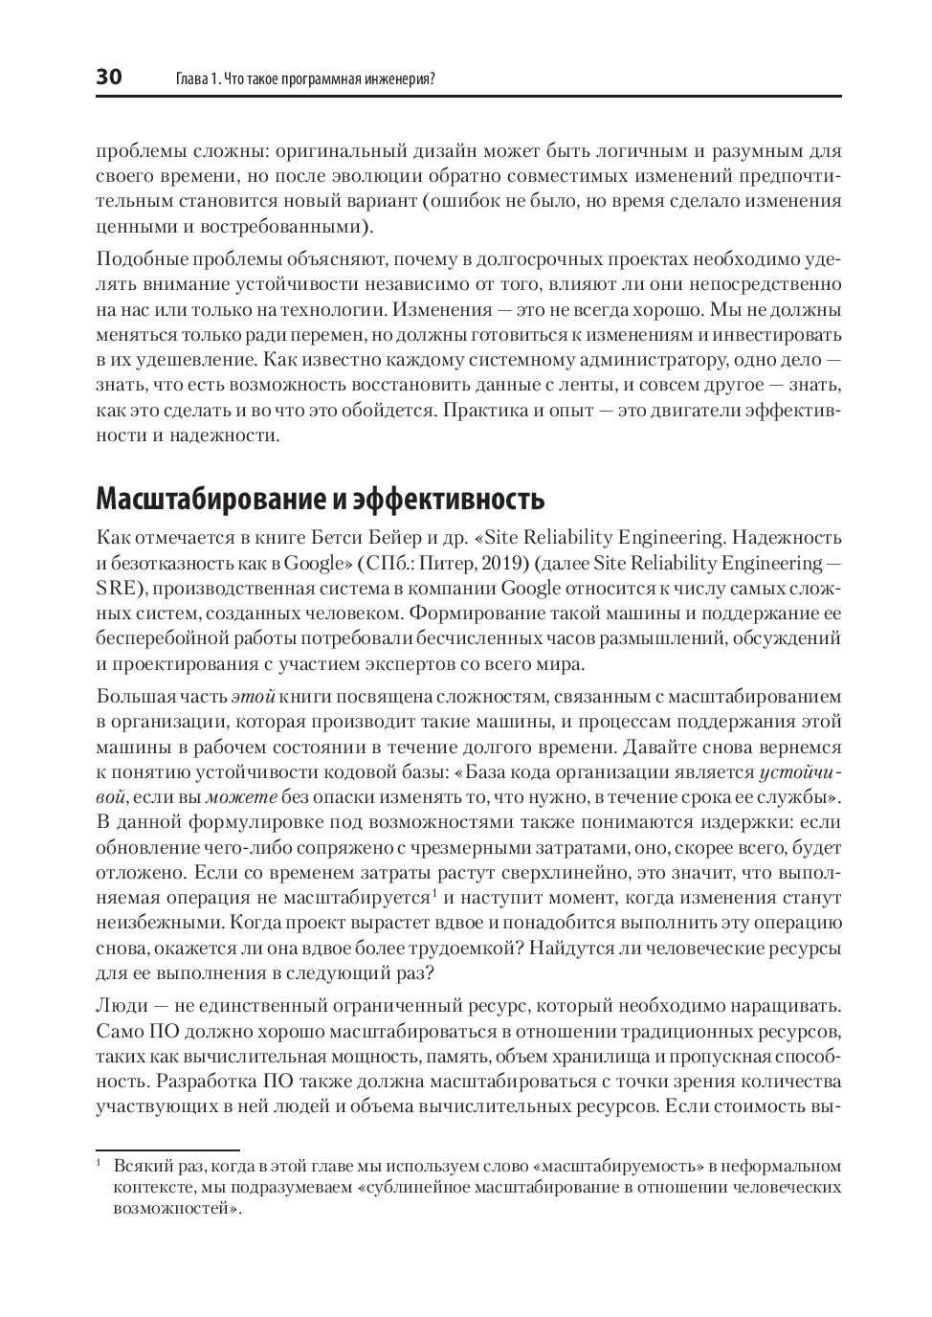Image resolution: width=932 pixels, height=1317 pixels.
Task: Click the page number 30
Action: tap(109, 78)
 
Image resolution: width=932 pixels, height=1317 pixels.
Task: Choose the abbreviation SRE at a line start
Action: tap(115, 588)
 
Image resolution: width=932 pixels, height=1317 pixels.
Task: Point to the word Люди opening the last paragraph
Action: tap(121, 1006)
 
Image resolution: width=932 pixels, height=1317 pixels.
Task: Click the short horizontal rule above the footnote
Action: tap(167, 1150)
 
